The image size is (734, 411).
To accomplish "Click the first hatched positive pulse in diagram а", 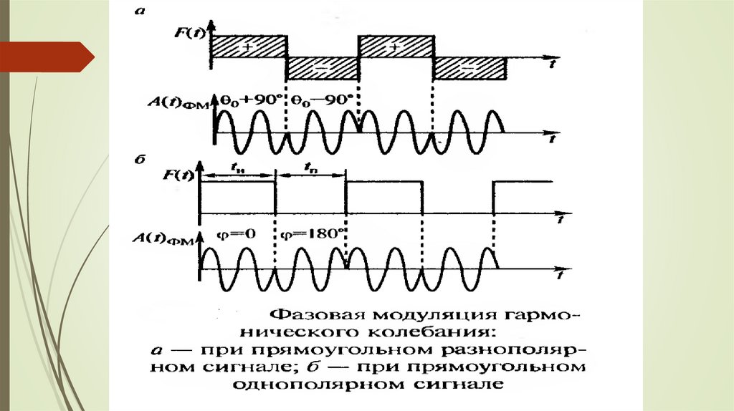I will (248, 46).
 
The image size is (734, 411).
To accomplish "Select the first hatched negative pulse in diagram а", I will (322, 69).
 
